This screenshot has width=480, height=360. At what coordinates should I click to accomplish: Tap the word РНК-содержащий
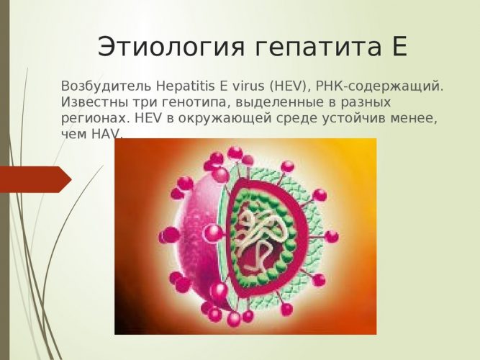click(368, 86)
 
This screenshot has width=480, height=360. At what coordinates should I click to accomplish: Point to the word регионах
click(89, 117)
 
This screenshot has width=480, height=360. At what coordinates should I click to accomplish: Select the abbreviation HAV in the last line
click(106, 134)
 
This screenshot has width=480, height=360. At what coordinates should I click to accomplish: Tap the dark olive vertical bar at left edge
click(4, 180)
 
